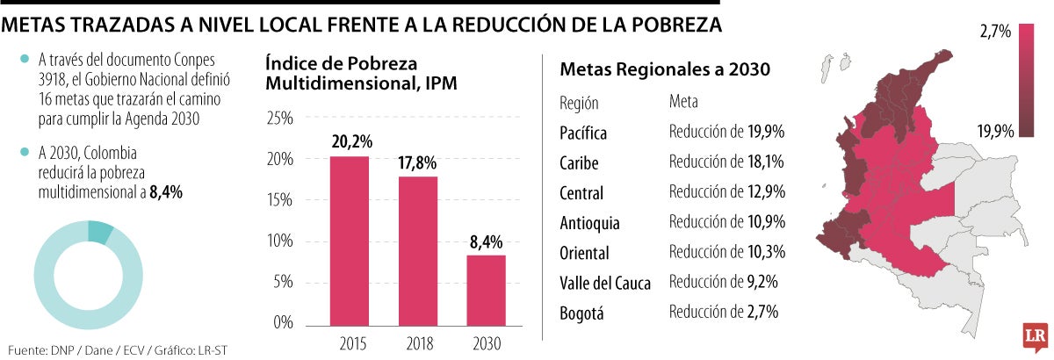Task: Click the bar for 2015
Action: (350, 240)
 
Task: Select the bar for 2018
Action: (418, 249)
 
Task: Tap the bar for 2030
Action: (486, 288)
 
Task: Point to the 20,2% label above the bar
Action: (350, 140)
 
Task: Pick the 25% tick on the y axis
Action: (279, 119)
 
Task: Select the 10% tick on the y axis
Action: (279, 241)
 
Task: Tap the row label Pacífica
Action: (583, 133)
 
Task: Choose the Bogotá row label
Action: (581, 313)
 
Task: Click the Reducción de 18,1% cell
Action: (726, 162)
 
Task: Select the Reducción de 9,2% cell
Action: (723, 282)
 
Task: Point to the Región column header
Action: (579, 103)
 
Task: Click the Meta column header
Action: (684, 103)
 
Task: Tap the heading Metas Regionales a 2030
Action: (665, 68)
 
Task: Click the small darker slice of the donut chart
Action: (100, 233)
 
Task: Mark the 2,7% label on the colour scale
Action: (996, 32)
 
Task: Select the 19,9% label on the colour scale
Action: (996, 132)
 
